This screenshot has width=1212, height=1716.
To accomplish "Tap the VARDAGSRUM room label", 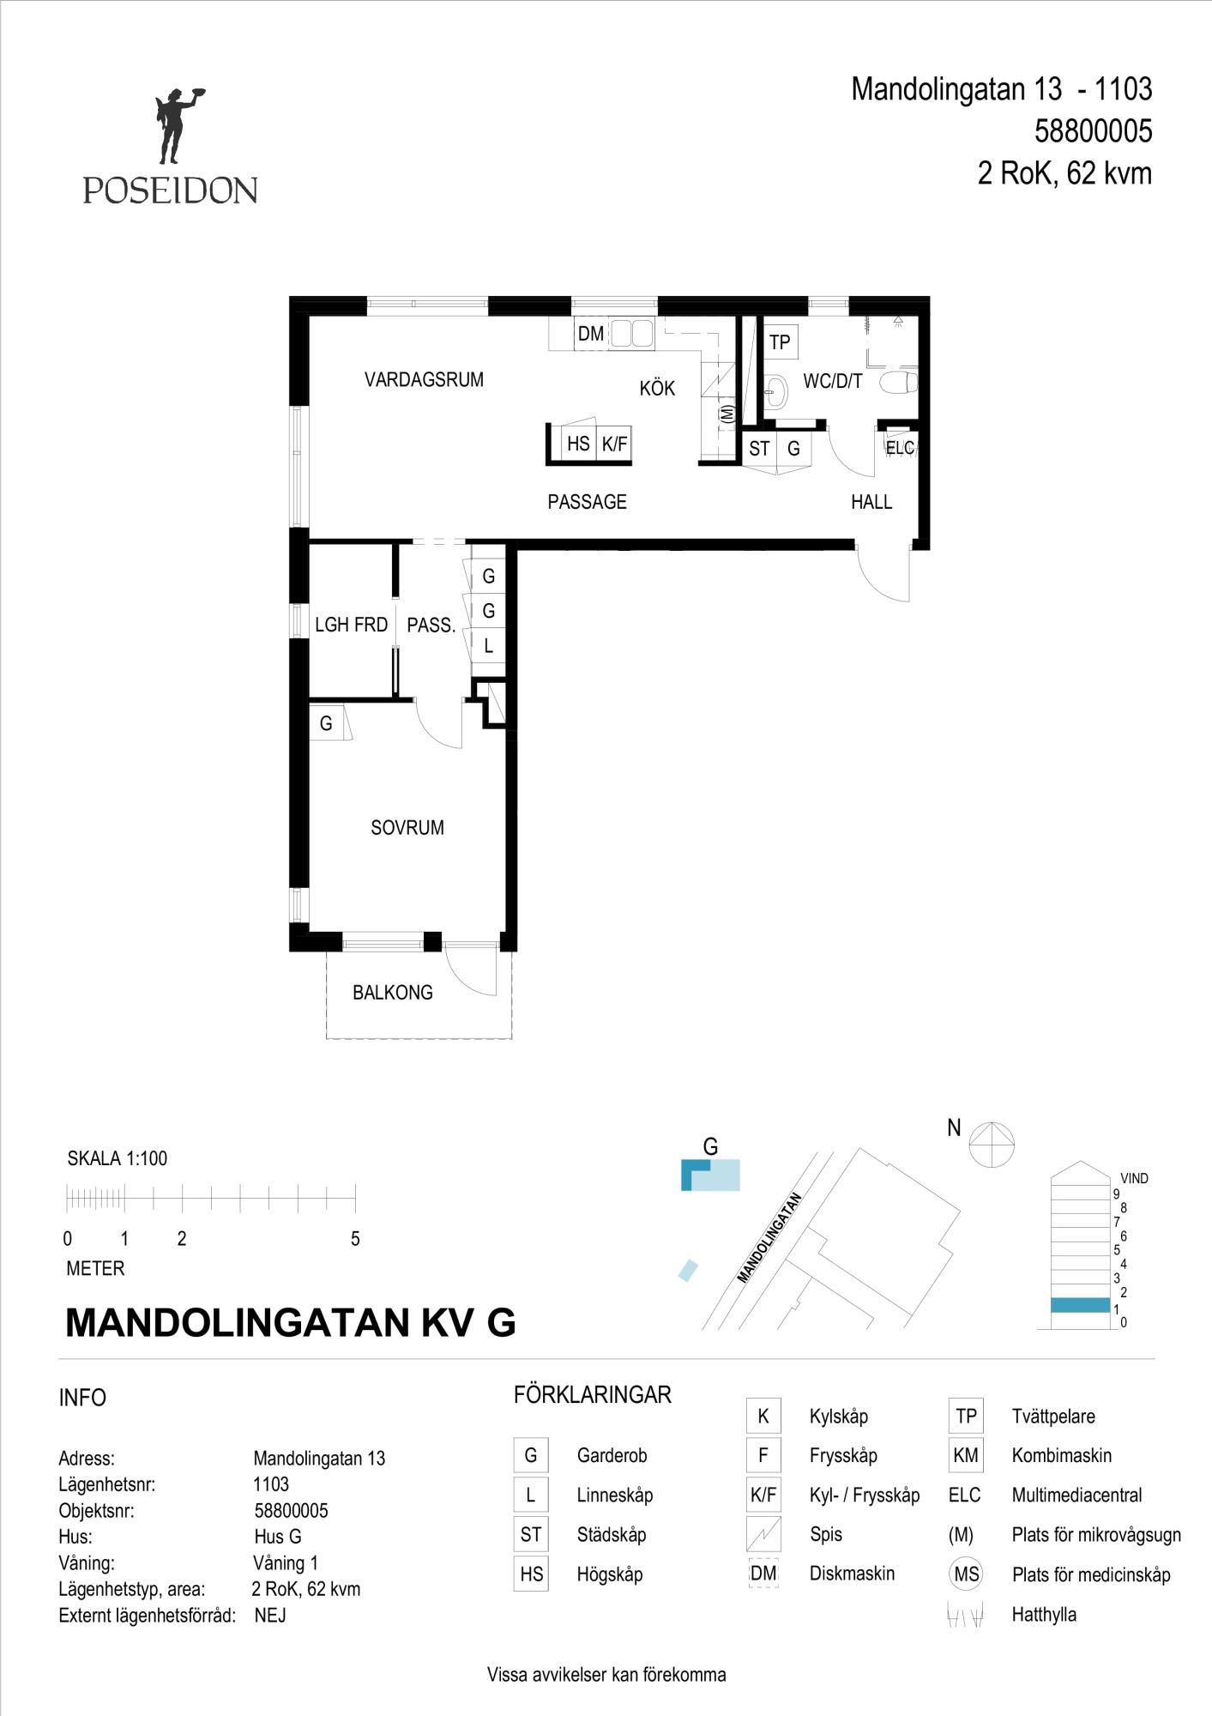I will coord(424,379).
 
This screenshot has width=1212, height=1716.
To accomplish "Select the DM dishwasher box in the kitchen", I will coord(591,334).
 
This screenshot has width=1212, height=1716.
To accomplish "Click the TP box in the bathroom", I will coord(780,342).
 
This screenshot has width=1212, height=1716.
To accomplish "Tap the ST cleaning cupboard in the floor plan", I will coord(759,448).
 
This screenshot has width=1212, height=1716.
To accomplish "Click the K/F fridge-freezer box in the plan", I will coord(614,444).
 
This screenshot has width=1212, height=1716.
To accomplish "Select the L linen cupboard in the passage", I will coord(488,646).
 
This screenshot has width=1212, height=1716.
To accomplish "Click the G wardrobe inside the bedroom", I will coord(326,723).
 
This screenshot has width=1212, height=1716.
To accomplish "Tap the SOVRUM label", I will coord(407,828).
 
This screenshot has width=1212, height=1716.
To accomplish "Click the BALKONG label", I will coord(393,993).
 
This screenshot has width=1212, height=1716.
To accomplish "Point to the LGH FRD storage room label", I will coord(351,625).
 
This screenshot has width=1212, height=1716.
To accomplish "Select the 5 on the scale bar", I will coord(355,1239).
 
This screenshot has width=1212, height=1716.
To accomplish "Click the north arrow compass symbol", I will coord(992,1145).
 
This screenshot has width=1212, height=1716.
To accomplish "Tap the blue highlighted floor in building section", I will coord(1080,1305).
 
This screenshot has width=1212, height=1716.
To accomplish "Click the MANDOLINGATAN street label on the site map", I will coord(769,1238).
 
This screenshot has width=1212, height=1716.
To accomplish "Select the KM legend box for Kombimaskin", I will coord(966,1455).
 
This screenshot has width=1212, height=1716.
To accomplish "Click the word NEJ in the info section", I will coord(270,1616).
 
